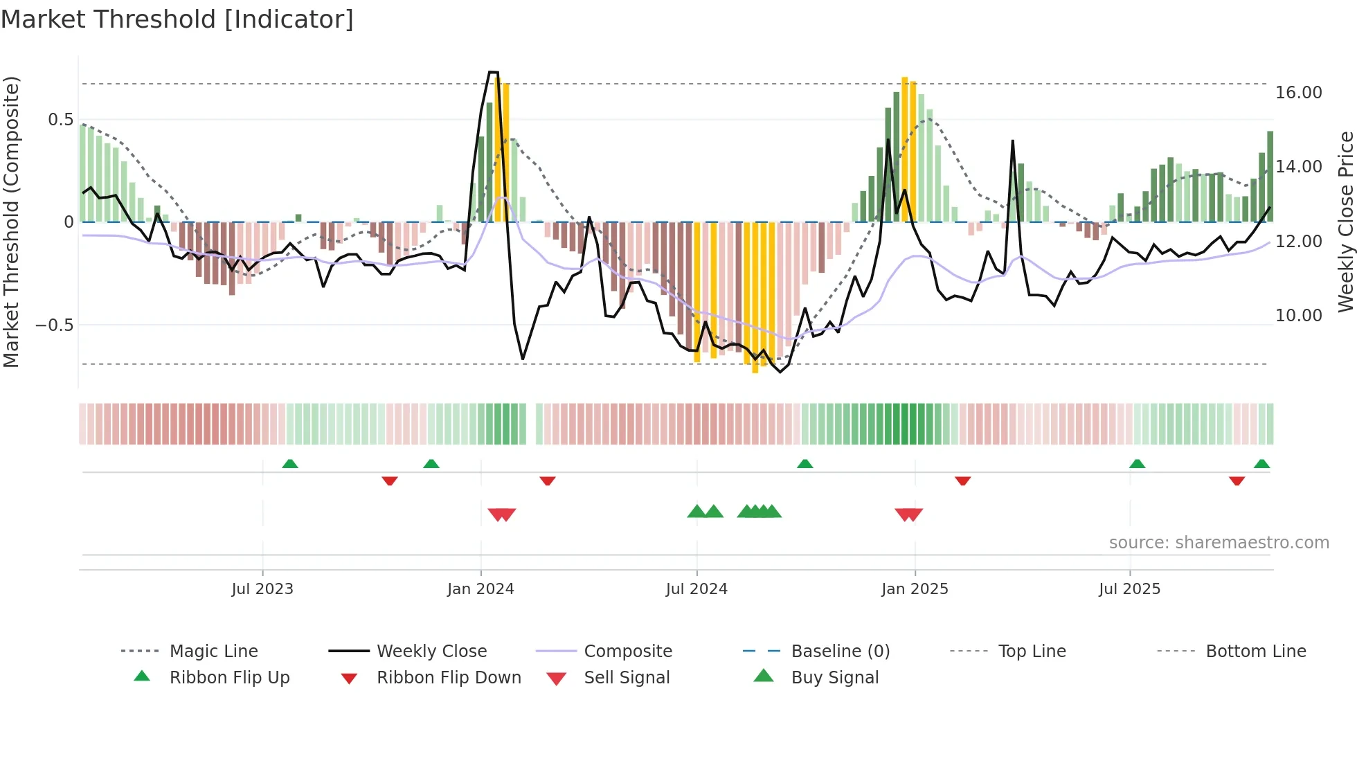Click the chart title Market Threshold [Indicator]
click(x=177, y=19)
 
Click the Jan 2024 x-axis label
click(x=480, y=589)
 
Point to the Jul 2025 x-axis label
click(x=1129, y=589)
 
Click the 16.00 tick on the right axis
click(x=1298, y=93)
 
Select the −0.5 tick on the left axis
click(x=54, y=325)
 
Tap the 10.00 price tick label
click(x=1298, y=316)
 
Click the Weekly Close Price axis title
click(x=1345, y=222)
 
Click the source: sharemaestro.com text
click(x=1219, y=543)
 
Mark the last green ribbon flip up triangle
click(x=1261, y=464)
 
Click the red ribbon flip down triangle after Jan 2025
click(x=962, y=481)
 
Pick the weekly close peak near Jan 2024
click(x=493, y=72)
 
